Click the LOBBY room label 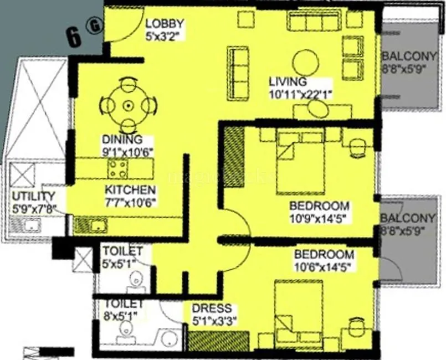pyautogui.click(x=165, y=24)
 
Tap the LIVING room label pyautogui.click(x=288, y=82)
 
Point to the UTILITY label pyautogui.click(x=34, y=196)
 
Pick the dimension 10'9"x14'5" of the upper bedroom pyautogui.click(x=319, y=218)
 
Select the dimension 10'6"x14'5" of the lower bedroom pyautogui.click(x=323, y=266)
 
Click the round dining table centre pyautogui.click(x=129, y=105)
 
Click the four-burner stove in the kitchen pyautogui.click(x=118, y=168)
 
